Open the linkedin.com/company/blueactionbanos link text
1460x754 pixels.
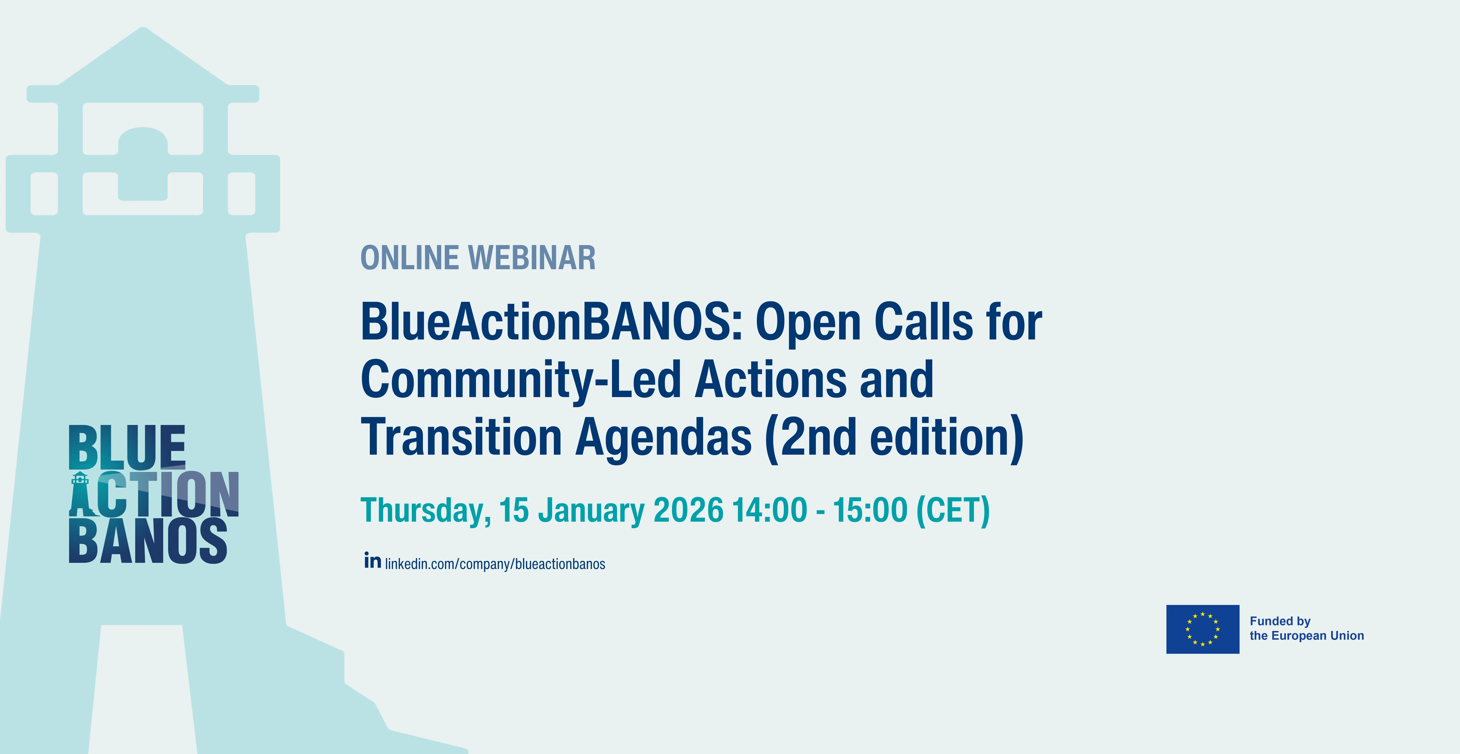tap(495, 564)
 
